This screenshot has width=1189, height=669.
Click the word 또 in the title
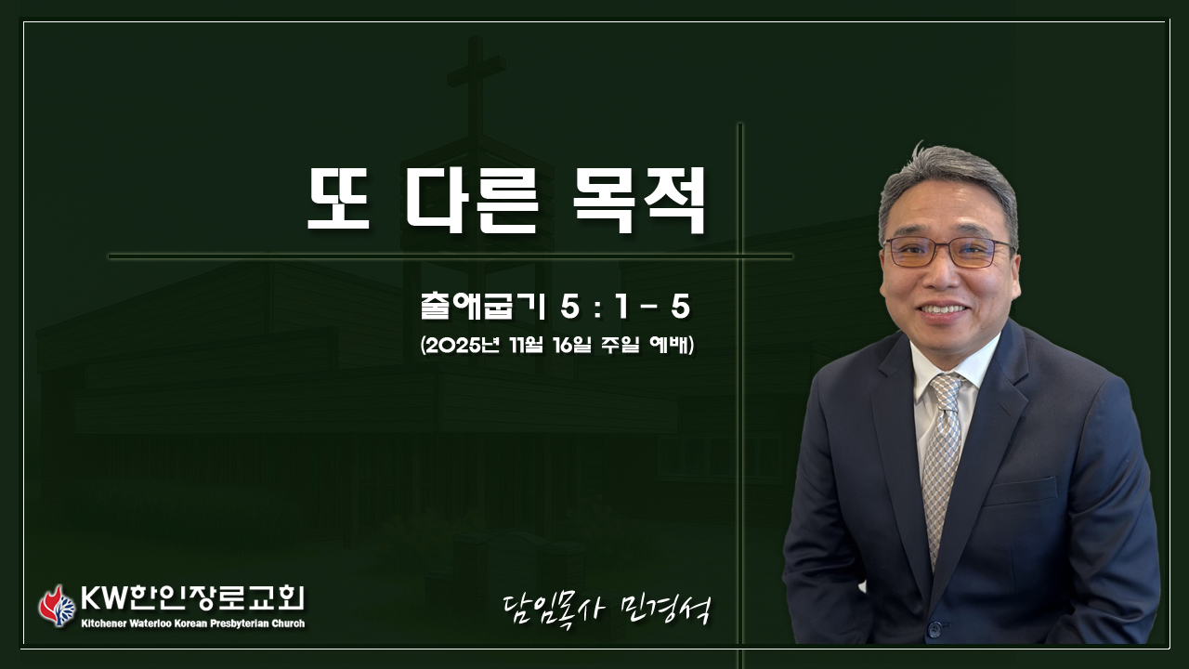coord(339,199)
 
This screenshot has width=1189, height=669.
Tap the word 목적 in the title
coord(638,200)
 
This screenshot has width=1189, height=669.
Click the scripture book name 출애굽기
coord(482,308)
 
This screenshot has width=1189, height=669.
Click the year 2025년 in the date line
coord(463,346)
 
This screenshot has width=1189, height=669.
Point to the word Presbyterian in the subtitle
coord(240,623)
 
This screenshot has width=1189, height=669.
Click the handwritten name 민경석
coord(664,610)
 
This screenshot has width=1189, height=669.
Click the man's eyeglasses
coord(948,253)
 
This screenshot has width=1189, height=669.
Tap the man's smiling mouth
coord(943,309)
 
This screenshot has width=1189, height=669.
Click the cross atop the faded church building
coord(476,85)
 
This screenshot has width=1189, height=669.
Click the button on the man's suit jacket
coord(934,631)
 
